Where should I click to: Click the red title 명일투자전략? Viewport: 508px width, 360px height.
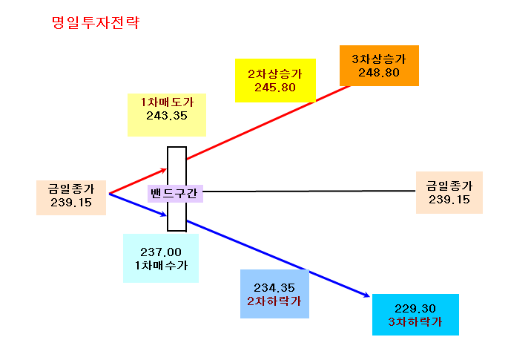point(96,23)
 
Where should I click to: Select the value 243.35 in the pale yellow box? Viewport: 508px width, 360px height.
point(167,116)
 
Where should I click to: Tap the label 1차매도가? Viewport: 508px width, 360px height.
point(167,102)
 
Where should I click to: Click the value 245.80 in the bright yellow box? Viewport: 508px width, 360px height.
point(275,88)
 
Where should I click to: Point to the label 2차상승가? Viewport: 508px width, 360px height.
point(275,74)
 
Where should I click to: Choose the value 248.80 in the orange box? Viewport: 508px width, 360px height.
point(379,73)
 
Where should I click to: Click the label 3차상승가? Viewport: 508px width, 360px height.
point(379,59)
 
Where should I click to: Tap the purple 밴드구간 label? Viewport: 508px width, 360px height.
point(174,193)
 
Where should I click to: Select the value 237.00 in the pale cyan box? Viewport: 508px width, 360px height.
point(161,252)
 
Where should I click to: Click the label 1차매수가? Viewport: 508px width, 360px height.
point(161,266)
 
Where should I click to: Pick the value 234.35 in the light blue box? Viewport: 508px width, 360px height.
point(274,288)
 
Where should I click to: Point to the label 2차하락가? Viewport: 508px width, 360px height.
point(274,301)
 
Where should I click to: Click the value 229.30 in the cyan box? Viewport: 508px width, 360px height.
point(415,309)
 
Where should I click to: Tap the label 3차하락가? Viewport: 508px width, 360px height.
point(415,322)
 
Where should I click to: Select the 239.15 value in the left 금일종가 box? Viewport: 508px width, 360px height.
point(71,203)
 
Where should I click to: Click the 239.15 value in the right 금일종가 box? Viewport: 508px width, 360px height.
point(449,200)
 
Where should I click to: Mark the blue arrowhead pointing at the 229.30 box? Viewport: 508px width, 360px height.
point(366,295)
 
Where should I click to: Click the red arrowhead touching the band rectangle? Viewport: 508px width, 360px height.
point(164,170)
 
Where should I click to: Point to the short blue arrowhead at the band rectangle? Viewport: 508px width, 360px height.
point(164,214)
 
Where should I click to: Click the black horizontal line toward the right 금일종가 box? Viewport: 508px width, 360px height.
point(309,191)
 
